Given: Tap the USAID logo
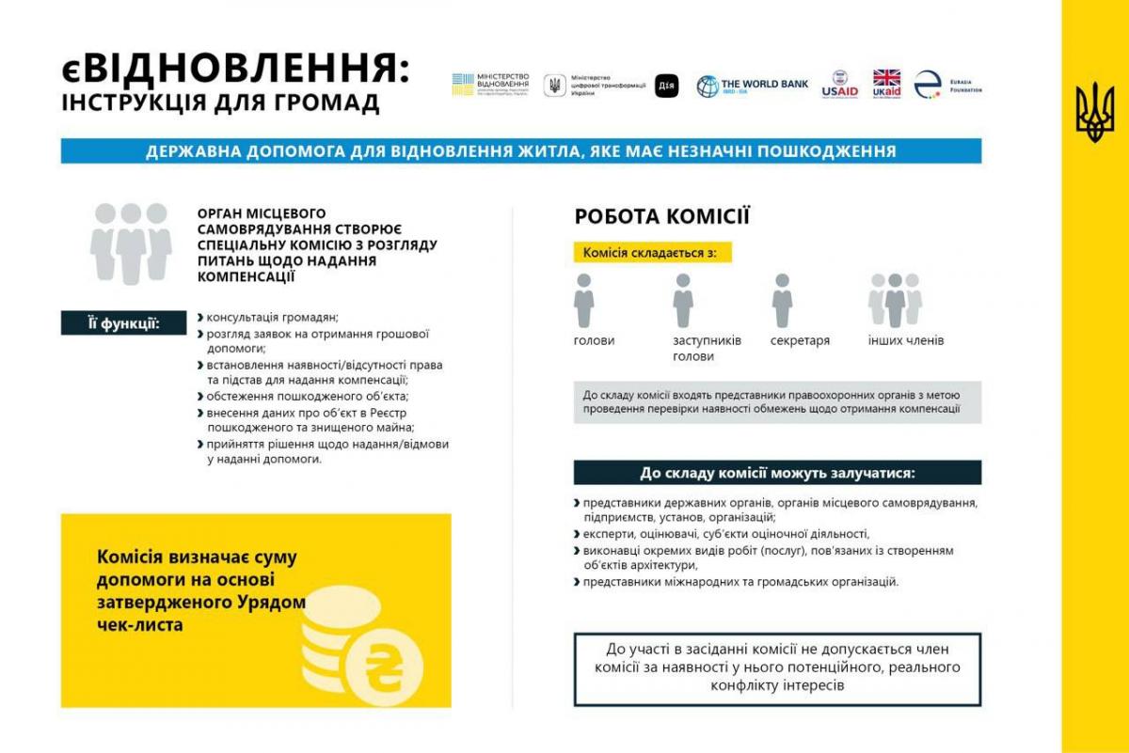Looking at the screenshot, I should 839,85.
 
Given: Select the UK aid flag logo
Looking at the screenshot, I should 886,83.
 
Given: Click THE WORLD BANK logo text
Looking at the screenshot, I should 763,85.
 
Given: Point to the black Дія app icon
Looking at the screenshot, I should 666,85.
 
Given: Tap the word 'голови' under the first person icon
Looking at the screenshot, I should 594,340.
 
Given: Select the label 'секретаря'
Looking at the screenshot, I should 800,340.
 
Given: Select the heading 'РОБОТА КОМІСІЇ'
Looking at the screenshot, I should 662,217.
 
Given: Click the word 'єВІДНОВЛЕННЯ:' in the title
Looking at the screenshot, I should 235,69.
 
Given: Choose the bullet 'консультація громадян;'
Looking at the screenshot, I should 272,317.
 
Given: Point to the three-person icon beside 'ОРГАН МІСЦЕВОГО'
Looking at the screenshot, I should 131,243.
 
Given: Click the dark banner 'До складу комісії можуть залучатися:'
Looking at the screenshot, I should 777,473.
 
